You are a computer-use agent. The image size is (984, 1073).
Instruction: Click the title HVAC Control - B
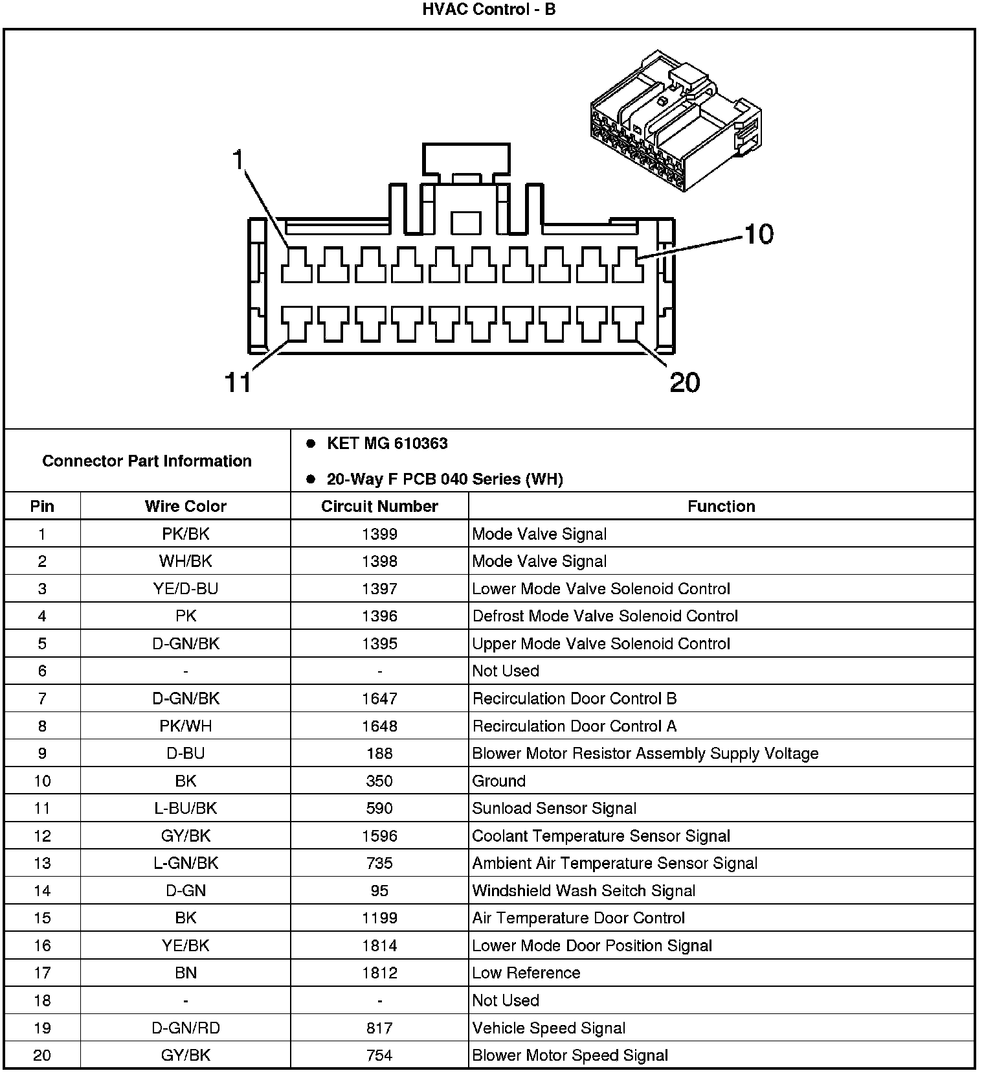coord(489,10)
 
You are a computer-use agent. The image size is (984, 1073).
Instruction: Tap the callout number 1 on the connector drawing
coord(239,159)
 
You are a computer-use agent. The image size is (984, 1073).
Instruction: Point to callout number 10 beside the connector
coord(759,234)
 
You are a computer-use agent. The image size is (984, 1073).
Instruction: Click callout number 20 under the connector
coord(685,382)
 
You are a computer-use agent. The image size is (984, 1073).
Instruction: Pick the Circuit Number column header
coord(379,506)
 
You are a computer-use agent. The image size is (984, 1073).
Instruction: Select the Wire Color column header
coord(186,506)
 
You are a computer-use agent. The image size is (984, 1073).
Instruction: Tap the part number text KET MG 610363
coord(387,444)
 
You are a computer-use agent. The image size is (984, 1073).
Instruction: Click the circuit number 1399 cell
coord(379,534)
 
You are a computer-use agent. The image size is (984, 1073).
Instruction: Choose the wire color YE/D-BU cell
coord(186,588)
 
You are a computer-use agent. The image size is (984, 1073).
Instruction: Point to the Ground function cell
coord(499,781)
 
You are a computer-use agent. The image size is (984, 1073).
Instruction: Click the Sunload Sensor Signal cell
coord(554,808)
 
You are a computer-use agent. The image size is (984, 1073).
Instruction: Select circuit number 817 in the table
coord(379,1028)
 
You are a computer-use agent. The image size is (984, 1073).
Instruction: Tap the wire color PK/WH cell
coord(186,726)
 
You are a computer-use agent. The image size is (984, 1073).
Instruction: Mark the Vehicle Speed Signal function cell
coord(549,1028)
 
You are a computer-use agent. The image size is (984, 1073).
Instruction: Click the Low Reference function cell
coord(526,973)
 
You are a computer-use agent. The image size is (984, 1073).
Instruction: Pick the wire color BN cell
coord(186,973)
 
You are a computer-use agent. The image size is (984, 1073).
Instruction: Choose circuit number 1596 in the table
coord(379,836)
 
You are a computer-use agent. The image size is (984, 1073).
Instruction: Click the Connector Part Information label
coord(147,461)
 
